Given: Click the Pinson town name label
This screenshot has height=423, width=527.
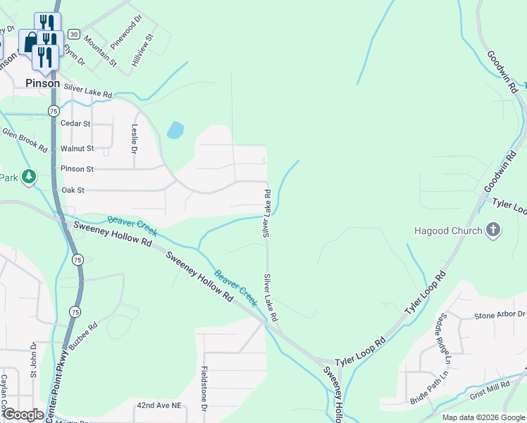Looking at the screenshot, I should tap(42, 82).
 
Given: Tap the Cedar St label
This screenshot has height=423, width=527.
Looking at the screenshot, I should tap(75, 123).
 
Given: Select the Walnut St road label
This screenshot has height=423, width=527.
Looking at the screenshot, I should tap(77, 149).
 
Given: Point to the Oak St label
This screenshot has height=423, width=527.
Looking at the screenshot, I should tap(73, 190).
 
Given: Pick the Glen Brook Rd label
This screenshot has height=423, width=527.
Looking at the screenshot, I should tap(24, 140).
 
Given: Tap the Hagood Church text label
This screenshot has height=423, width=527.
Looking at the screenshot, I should tap(448, 231).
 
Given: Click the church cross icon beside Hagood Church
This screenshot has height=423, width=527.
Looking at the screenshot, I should tap(493, 230).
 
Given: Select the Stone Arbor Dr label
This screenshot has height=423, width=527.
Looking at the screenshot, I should tap(500, 315).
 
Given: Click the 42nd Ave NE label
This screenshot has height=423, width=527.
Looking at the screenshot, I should tap(159, 406).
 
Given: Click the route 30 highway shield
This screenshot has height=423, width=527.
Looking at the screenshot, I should tap(73, 34).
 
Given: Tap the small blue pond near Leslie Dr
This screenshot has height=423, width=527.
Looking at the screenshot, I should tap(175, 130).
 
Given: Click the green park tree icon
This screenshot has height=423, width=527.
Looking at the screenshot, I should tap(28, 176).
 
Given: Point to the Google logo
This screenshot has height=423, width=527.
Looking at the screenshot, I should tap(23, 415).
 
